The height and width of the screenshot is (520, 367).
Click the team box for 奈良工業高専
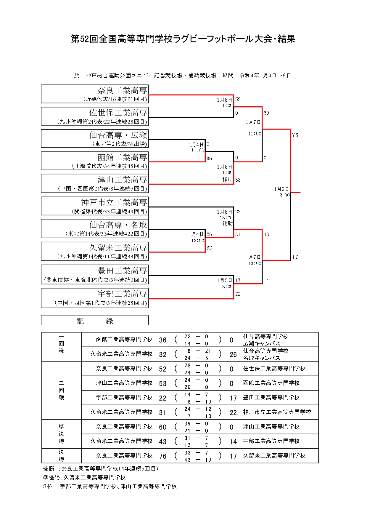click(95, 94)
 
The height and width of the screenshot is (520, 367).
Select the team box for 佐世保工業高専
click(95, 116)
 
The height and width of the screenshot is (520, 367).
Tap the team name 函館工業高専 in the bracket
click(122, 157)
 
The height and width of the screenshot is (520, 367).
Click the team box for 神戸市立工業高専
click(95, 206)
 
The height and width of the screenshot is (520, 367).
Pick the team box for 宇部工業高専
click(95, 298)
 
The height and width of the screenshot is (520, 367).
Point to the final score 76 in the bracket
click(295, 135)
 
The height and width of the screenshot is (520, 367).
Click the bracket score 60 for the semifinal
click(266, 113)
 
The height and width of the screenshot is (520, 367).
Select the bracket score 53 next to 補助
click(238, 180)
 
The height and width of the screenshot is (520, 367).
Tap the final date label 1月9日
click(281, 189)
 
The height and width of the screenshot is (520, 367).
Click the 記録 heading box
click(95, 321)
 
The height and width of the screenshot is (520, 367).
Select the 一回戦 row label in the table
click(61, 344)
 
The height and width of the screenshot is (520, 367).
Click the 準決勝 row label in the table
click(61, 434)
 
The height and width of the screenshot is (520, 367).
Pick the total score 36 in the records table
click(163, 340)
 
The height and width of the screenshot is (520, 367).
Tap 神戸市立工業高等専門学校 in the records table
click(277, 412)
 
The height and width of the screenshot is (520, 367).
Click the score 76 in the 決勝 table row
click(163, 456)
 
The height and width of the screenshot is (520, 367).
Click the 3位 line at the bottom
click(110, 487)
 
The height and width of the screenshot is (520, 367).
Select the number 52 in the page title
click(85, 39)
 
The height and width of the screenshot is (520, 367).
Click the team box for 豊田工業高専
click(95, 274)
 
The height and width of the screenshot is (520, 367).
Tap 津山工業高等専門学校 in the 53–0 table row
click(124, 383)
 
